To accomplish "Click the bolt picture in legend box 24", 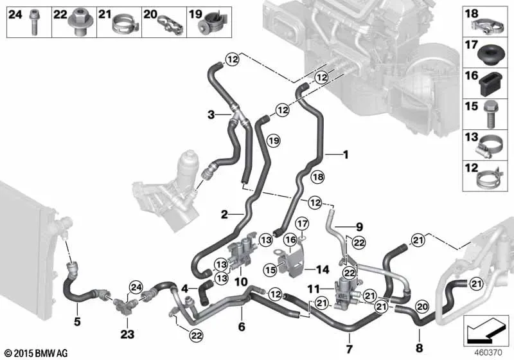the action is [x=34, y=22].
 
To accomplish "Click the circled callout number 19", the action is [x=274, y=141].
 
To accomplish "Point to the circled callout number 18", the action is [x=317, y=177].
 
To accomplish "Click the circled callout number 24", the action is [x=136, y=287].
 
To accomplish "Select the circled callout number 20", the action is [x=422, y=307].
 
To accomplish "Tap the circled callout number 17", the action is [x=302, y=224].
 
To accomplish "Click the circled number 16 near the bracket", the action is [x=290, y=240].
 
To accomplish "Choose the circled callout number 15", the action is [x=270, y=270].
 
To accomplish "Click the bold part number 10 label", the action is [x=241, y=282].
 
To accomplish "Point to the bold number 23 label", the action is [x=127, y=334].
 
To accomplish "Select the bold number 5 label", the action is [x=77, y=321].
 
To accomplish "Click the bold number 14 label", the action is [x=323, y=269].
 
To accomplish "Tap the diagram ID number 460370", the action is [x=488, y=353].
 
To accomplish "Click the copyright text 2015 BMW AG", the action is [x=37, y=353].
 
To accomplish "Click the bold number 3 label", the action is [x=211, y=115].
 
